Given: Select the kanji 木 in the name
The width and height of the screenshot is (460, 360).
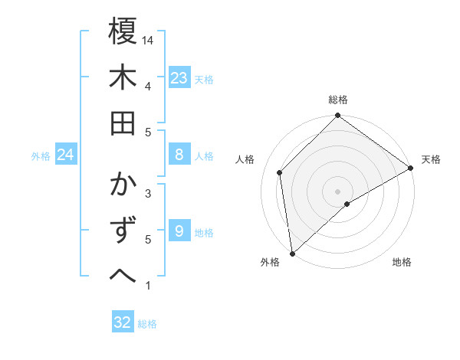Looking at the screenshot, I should click(x=123, y=78).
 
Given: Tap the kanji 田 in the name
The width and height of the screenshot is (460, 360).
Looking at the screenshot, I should click(x=123, y=123).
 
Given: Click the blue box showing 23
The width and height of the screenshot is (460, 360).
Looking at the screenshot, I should click(x=179, y=78).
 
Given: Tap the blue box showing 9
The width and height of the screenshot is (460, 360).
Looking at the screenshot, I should click(x=179, y=231).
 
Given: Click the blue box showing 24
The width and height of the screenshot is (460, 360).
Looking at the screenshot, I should click(x=66, y=155).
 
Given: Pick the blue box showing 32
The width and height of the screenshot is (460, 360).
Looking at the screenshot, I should click(x=122, y=322).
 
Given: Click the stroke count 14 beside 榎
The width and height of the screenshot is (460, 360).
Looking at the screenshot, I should click(x=148, y=40).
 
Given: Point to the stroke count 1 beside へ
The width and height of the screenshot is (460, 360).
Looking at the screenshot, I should click(x=148, y=286).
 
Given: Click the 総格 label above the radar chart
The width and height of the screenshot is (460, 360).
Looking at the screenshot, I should click(x=338, y=100).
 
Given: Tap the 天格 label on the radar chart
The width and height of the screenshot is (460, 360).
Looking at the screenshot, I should click(x=431, y=159).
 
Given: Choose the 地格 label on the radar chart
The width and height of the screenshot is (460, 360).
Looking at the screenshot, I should click(x=402, y=262).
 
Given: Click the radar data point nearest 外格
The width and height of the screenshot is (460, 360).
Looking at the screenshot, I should click(x=292, y=253).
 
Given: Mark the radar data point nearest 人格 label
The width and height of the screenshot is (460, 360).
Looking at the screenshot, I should click(x=280, y=172).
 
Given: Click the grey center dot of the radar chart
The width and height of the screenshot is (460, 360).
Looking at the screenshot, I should click(x=337, y=191).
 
